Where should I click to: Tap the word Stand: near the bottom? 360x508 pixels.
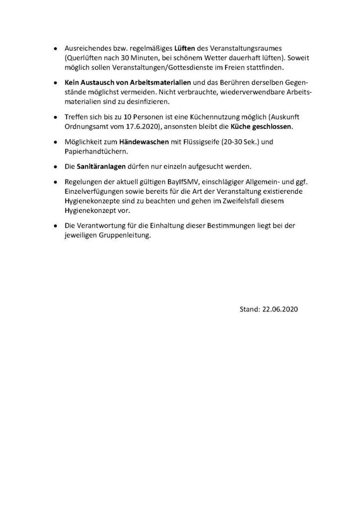pos(250,309)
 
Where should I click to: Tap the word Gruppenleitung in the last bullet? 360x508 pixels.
pos(126,237)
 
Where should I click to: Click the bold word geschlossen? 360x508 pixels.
pos(272,127)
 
